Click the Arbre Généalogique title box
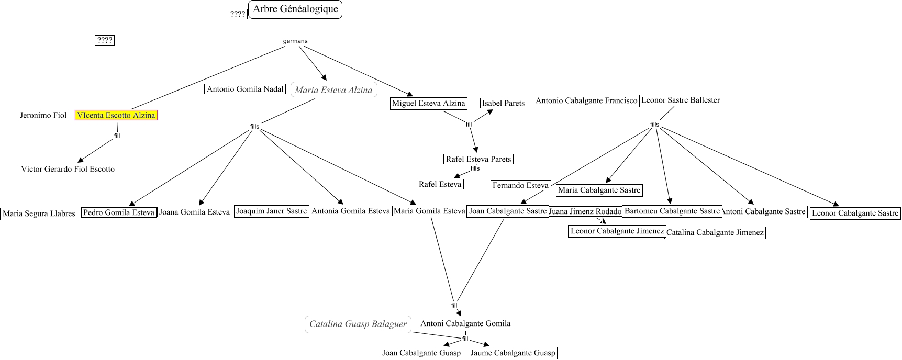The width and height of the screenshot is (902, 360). (295, 9)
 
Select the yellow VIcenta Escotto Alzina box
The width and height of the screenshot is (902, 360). (116, 115)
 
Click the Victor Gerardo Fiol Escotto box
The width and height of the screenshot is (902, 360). (68, 169)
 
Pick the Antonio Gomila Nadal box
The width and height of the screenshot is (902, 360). (245, 89)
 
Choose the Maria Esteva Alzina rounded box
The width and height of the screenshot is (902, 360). (333, 90)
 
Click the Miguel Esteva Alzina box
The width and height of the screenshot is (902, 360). (428, 103)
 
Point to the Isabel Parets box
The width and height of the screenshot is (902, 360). (503, 103)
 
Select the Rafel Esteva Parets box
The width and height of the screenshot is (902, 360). (478, 159)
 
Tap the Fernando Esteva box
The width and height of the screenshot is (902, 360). (520, 185)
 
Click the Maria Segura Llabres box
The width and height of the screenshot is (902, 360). (39, 213)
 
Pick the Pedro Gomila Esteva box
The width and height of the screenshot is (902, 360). (119, 212)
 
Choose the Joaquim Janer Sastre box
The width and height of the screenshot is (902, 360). (271, 211)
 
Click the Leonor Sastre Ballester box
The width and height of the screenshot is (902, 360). (681, 100)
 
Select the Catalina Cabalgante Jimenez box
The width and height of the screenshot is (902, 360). (715, 233)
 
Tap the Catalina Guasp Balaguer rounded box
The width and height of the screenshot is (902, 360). (358, 324)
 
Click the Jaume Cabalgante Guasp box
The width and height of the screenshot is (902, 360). (513, 353)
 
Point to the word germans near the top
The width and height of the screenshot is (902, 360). (295, 41)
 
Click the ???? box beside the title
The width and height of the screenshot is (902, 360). (238, 14)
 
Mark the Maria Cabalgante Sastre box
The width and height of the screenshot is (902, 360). (599, 190)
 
